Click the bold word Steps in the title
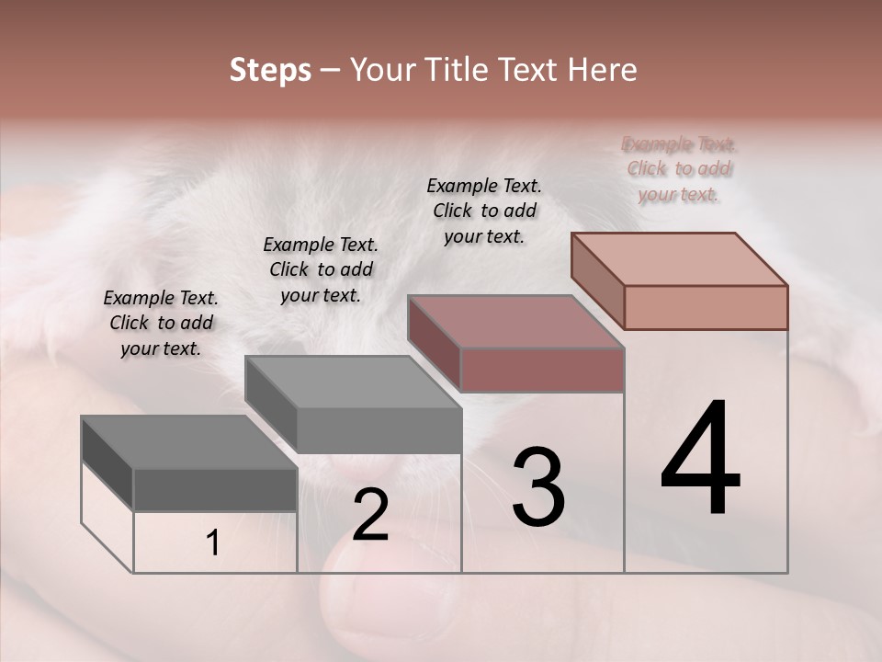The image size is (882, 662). [270, 71]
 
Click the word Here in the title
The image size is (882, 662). [597, 71]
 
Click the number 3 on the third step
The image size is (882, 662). [538, 487]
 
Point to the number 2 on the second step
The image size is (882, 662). [370, 515]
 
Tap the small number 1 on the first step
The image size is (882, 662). [212, 543]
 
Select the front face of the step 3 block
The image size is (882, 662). [542, 371]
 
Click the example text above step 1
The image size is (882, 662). [161, 323]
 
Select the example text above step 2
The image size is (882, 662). [321, 269]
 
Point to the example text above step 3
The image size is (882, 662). [484, 211]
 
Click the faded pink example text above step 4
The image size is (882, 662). [679, 169]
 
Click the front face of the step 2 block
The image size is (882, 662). [379, 430]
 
